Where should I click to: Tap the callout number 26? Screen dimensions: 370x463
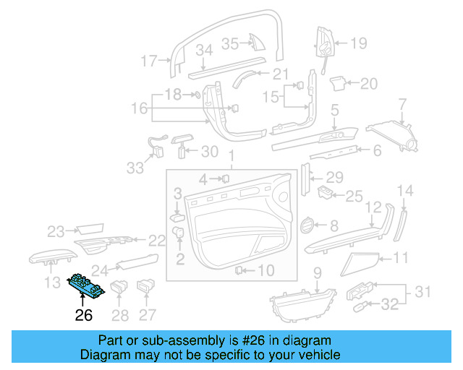pos(84,315)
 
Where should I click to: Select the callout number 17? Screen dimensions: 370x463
pos(149,61)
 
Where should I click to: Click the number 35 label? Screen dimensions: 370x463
pos(230,43)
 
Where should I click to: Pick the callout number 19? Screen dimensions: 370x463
pos(359,43)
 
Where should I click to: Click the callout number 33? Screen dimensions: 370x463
pos(135,168)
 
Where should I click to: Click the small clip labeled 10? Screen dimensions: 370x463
pos(239,270)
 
